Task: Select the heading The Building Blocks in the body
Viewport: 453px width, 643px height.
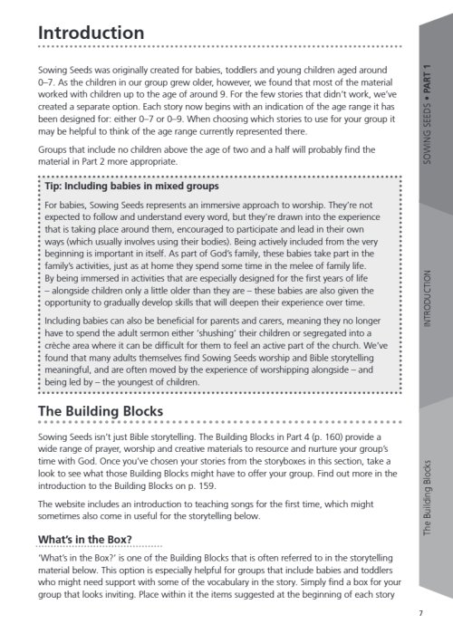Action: tap(100, 412)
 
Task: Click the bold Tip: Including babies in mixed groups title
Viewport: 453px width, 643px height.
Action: tap(131, 187)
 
